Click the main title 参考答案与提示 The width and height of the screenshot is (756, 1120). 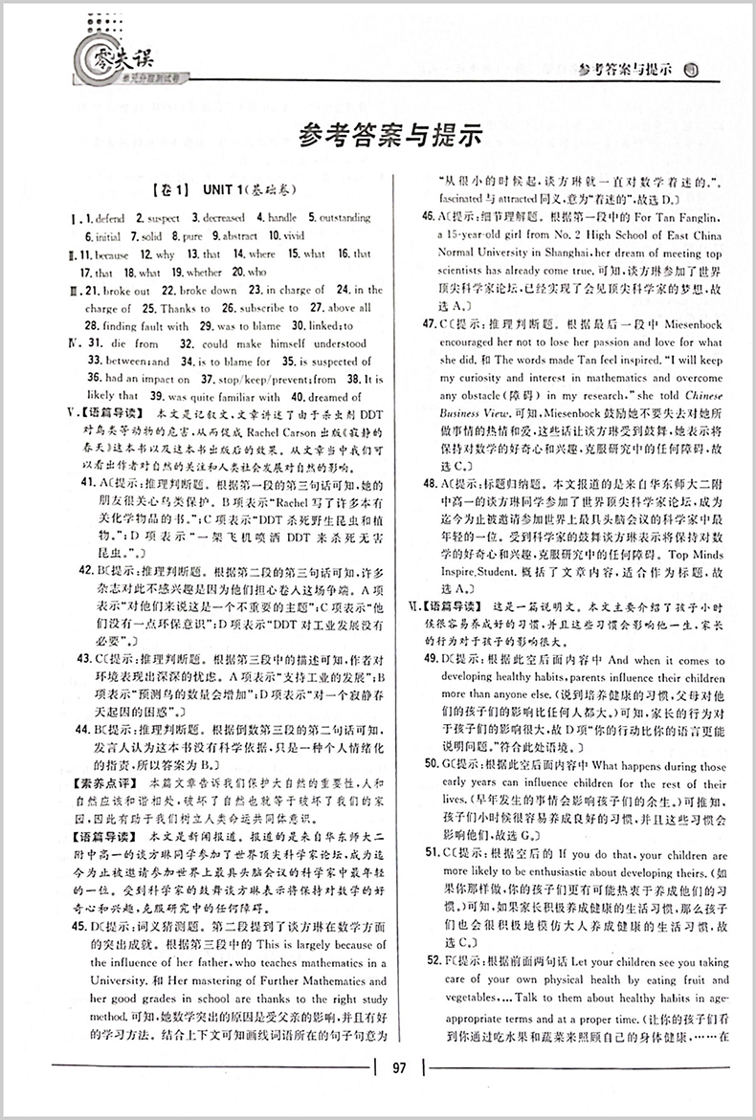click(387, 137)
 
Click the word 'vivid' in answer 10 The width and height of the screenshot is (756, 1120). click(293, 236)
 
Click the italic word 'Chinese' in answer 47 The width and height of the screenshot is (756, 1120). click(702, 397)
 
